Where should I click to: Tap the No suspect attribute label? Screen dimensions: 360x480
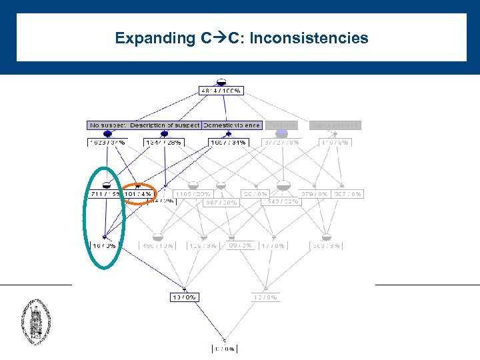tap(107, 125)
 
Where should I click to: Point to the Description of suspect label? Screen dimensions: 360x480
tap(165, 125)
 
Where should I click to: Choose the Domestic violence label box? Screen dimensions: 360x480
tap(231, 125)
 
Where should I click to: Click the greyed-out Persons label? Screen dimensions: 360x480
tap(281, 125)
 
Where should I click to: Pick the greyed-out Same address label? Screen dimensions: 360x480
tap(335, 125)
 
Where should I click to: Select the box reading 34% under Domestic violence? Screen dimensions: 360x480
tap(227, 142)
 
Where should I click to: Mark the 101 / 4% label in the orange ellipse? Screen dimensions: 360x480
tap(137, 195)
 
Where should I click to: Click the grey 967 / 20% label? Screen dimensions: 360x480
tap(221, 203)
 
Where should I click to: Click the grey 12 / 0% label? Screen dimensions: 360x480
tap(266, 297)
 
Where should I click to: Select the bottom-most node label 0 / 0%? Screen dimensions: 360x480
tap(224, 349)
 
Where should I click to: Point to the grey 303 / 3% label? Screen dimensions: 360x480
tap(326, 246)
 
